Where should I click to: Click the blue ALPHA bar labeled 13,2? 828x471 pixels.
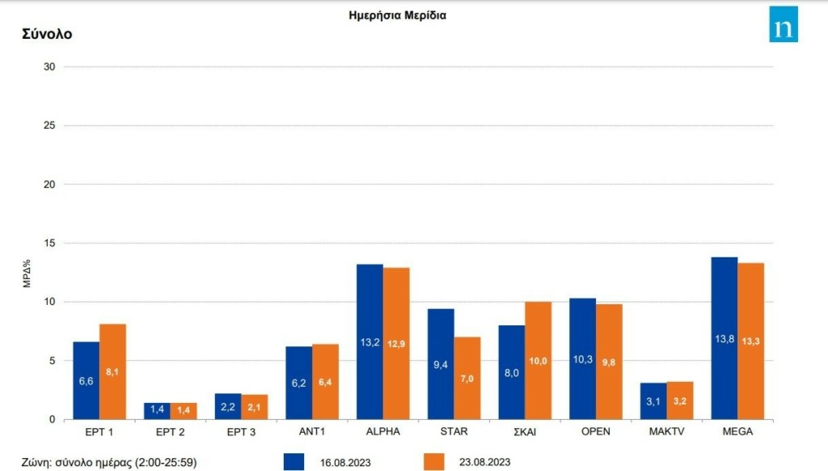click(x=370, y=342)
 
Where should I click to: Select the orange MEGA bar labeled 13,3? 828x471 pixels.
click(x=751, y=341)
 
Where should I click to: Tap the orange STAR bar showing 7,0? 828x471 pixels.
click(x=467, y=378)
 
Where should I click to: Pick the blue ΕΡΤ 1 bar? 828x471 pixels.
click(x=87, y=380)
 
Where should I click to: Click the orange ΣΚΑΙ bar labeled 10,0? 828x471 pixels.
click(x=539, y=360)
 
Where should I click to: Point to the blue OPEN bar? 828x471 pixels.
click(x=582, y=359)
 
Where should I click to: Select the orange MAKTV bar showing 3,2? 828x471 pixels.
click(x=680, y=401)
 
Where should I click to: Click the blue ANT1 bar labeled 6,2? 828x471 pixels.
click(x=298, y=383)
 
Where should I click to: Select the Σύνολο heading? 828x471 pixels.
click(x=47, y=34)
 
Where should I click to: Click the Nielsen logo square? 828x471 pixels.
click(x=783, y=24)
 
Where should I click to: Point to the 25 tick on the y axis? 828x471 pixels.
click(x=49, y=125)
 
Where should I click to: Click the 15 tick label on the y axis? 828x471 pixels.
click(x=49, y=243)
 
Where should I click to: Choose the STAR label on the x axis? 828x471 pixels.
click(x=454, y=431)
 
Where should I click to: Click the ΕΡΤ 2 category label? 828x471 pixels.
click(x=170, y=431)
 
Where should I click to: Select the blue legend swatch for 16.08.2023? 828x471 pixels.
click(x=294, y=461)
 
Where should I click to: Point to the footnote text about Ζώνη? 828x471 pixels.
click(x=110, y=461)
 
